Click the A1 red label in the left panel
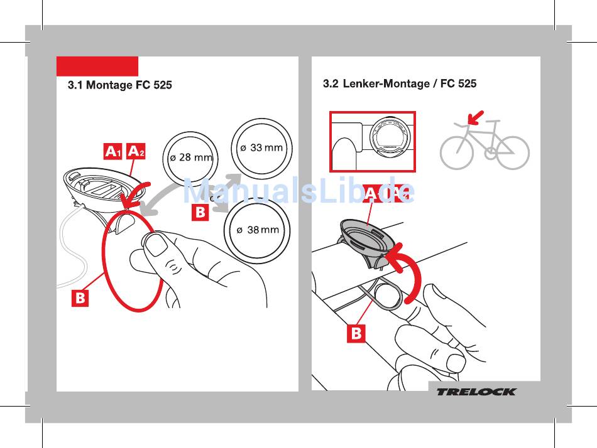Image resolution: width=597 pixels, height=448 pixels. click(x=113, y=151)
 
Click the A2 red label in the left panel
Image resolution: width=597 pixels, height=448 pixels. click(x=136, y=151)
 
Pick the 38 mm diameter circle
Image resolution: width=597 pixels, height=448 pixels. click(x=258, y=230)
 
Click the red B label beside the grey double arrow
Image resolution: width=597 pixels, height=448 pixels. click(x=199, y=212)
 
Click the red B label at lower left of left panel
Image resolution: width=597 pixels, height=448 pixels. click(x=80, y=298)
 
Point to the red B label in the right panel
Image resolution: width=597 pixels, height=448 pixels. click(x=356, y=333)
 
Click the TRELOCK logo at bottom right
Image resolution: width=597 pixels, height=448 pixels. click(x=476, y=392)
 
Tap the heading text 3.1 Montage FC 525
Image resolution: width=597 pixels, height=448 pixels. click(x=119, y=85)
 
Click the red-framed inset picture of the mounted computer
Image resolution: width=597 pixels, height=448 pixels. click(x=373, y=142)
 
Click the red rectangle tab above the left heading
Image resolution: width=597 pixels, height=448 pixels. click(x=97, y=66)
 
